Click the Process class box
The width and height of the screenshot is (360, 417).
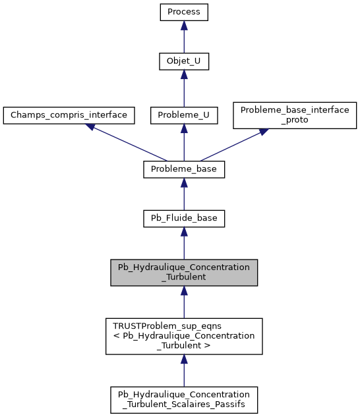(x=184, y=12)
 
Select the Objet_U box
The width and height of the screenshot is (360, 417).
(x=184, y=61)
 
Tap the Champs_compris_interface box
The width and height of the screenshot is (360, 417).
(x=69, y=115)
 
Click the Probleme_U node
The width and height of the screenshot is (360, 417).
(x=184, y=115)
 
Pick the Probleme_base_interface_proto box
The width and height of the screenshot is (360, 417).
(x=295, y=115)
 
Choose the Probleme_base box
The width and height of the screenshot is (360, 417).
(x=184, y=169)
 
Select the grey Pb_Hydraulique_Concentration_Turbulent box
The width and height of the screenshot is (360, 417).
(x=184, y=272)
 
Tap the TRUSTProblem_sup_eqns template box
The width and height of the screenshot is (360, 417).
(x=184, y=336)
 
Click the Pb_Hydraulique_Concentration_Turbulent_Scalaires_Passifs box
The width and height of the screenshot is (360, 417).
(x=184, y=399)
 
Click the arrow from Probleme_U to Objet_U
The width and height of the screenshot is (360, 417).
(x=184, y=89)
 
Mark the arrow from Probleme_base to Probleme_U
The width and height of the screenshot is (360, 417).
(x=184, y=143)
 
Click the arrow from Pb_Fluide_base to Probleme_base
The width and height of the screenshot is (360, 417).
(x=184, y=195)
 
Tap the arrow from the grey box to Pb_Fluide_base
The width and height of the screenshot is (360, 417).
(x=184, y=245)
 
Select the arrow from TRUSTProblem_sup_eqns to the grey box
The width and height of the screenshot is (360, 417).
(x=184, y=303)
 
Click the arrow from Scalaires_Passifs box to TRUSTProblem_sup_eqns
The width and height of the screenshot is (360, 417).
(x=184, y=371)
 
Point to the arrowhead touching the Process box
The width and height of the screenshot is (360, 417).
(x=184, y=25)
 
